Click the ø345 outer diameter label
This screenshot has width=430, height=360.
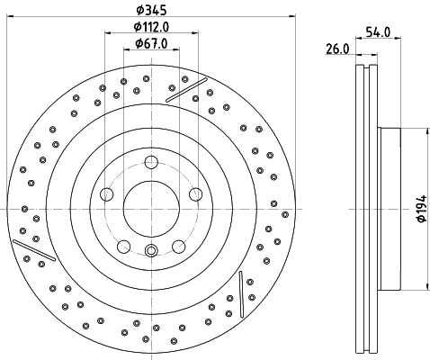pos(150,10)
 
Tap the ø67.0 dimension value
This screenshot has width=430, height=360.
pos(150,43)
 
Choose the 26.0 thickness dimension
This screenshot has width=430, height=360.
pos(337,49)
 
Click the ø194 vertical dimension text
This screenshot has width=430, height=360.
pos(420,209)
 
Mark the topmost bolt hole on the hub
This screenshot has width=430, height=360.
pos(151,162)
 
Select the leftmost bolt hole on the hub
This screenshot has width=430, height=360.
pos(107,193)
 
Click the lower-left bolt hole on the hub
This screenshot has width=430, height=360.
pos(124,245)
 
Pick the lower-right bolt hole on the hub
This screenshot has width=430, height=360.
pos(178,245)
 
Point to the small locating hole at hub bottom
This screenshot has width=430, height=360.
pos(151,250)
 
